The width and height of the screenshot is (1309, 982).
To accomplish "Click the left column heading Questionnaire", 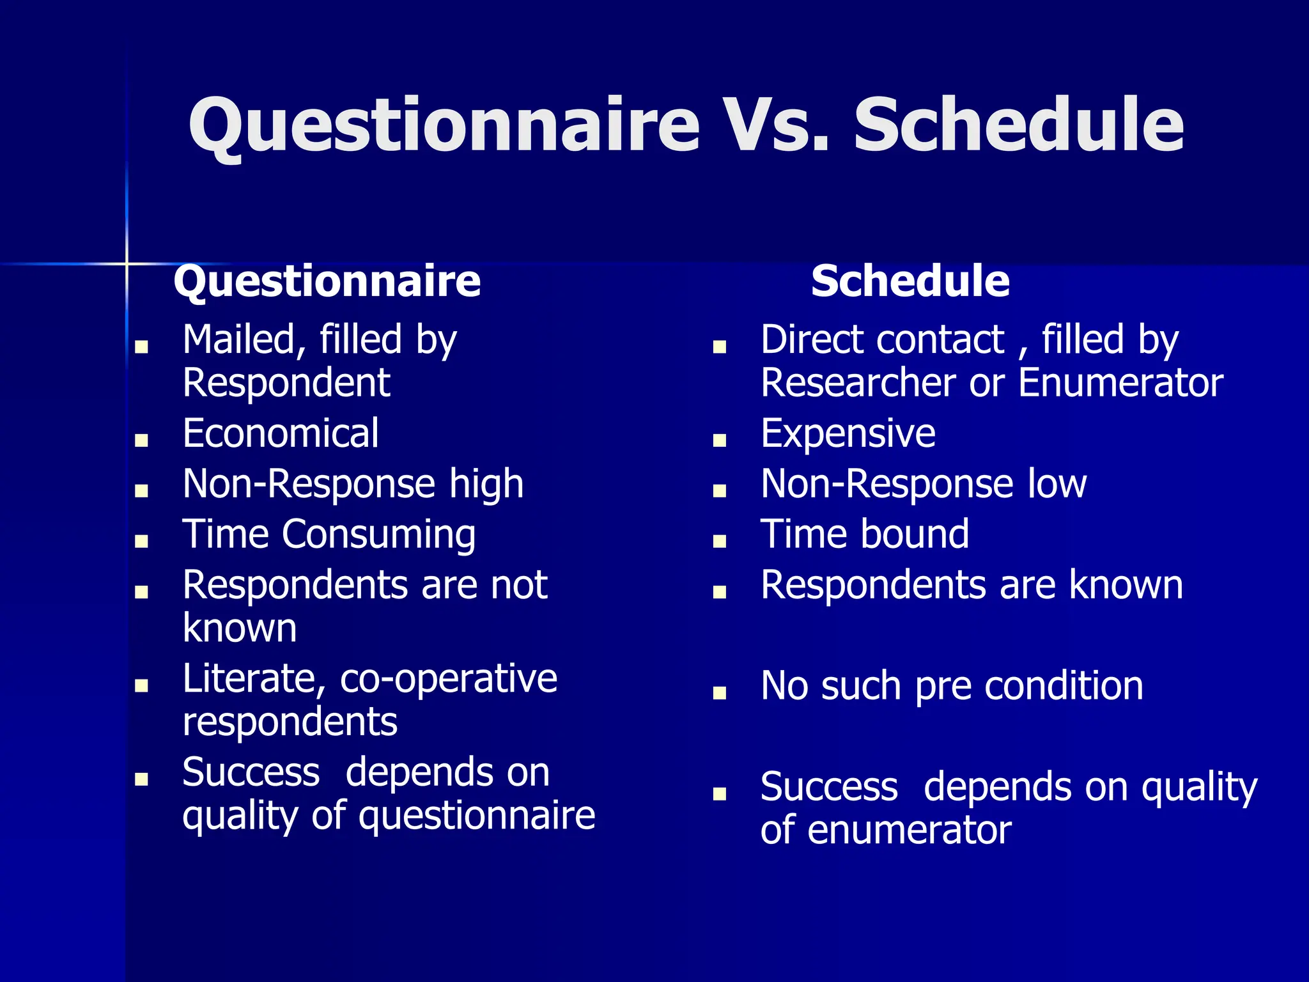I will coord(327,281).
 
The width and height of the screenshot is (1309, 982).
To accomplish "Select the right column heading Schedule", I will coord(910,281).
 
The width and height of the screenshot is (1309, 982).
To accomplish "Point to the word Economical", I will coord(281,433).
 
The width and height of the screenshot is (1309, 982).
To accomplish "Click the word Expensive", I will coord(848,433).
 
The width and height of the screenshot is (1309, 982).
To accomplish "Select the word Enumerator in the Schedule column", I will coord(1120,383).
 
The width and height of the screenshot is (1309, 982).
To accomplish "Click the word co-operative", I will coord(448,679).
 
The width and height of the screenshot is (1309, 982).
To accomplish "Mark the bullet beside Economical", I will coord(142,440).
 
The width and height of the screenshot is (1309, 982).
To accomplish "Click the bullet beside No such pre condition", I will coord(720,692).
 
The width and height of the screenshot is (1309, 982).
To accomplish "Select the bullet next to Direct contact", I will coord(720,347).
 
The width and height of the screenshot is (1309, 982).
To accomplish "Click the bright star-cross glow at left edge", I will coord(127,263).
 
